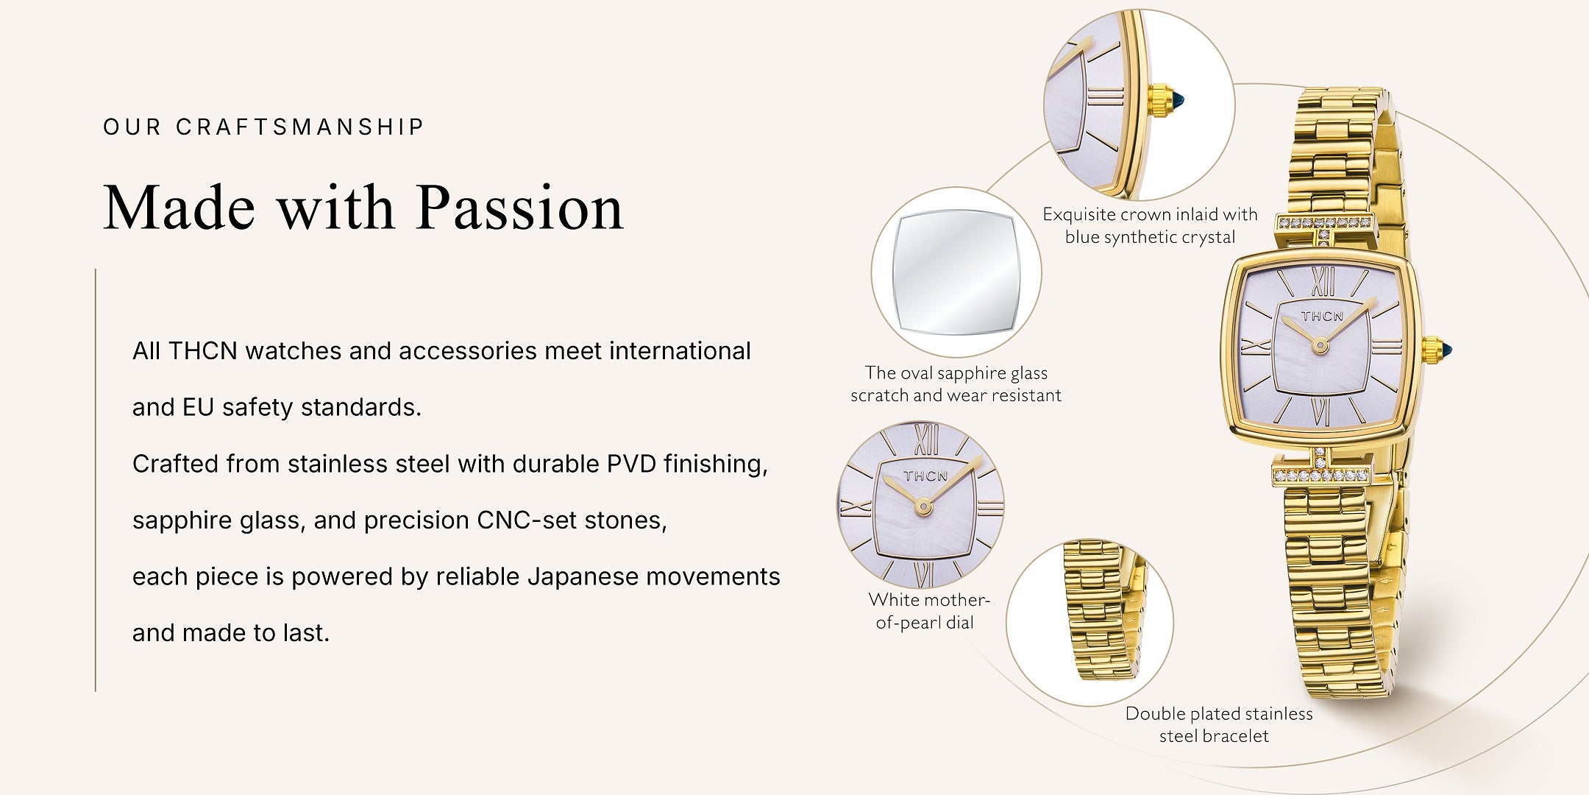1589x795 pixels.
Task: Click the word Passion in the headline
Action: click(519, 208)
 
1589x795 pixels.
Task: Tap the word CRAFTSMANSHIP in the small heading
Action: click(300, 127)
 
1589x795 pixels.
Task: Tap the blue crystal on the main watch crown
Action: click(1446, 350)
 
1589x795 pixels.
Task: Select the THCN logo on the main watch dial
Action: click(1322, 316)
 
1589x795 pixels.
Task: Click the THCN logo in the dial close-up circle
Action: click(925, 476)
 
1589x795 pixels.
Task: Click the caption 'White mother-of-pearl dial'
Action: click(928, 611)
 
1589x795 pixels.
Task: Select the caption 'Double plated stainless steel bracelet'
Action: click(1218, 724)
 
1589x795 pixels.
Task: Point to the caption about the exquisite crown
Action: click(1150, 225)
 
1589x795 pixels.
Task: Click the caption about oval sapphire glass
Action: click(956, 384)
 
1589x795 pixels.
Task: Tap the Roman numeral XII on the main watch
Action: click(1323, 282)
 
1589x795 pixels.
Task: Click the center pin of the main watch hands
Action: click(1320, 344)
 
